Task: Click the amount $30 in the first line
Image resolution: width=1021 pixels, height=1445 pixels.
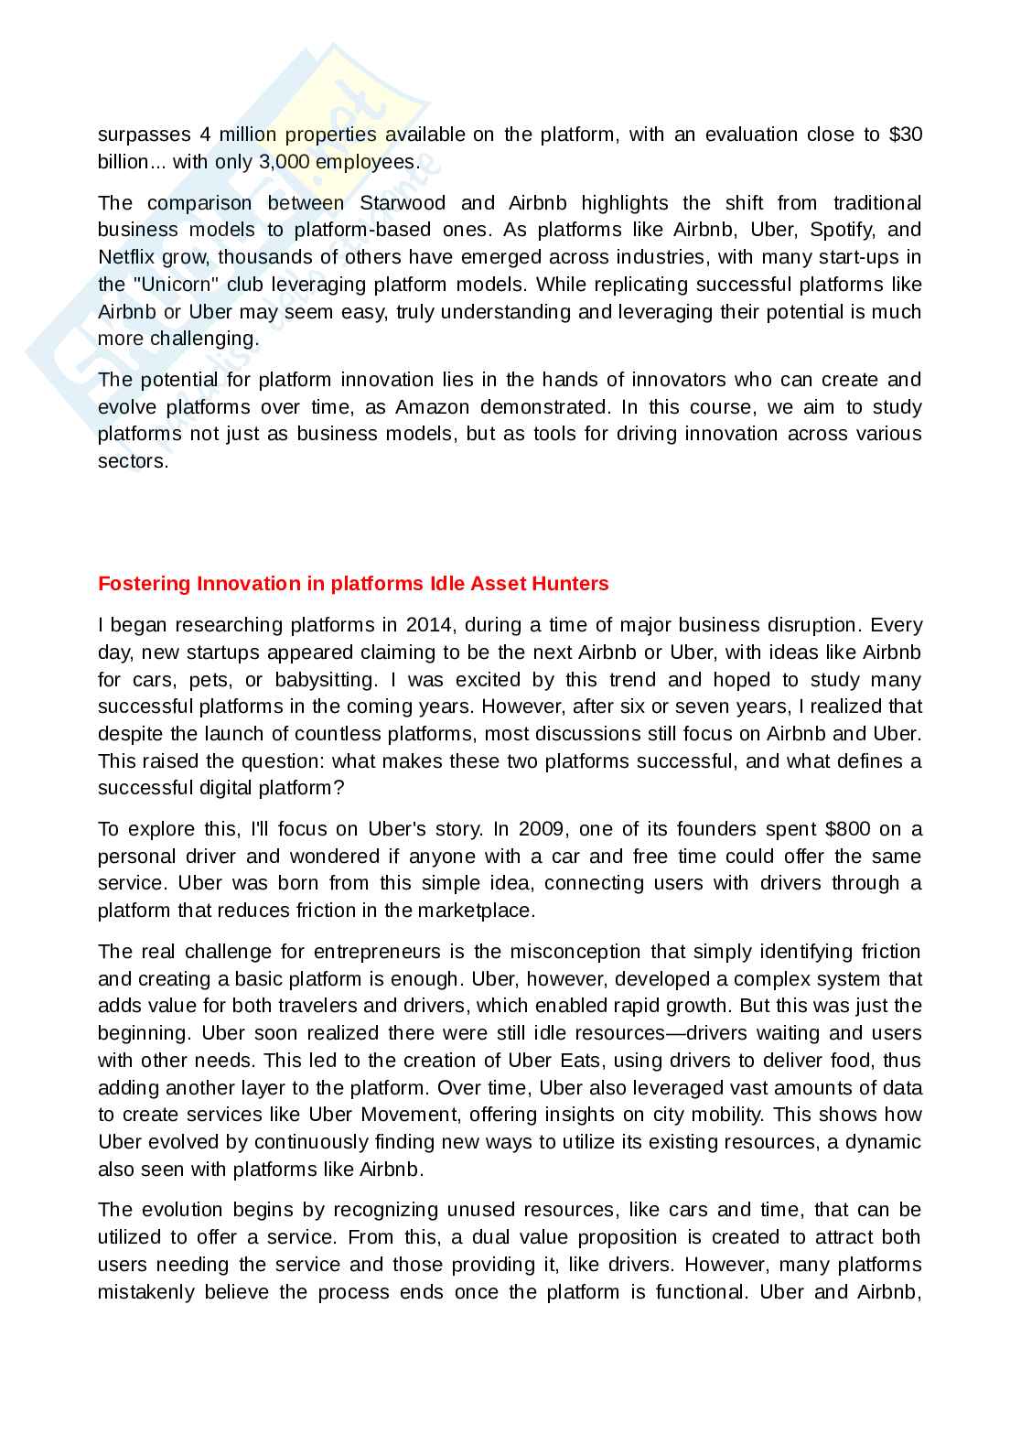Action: pos(905,135)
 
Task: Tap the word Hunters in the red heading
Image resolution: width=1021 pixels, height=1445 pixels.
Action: pos(573,584)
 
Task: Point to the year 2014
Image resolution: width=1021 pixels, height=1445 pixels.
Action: pos(429,625)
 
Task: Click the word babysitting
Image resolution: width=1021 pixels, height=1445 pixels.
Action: pos(326,680)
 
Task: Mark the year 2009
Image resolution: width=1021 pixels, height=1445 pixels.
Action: pos(542,829)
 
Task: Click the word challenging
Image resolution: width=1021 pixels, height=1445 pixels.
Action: pos(199,339)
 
